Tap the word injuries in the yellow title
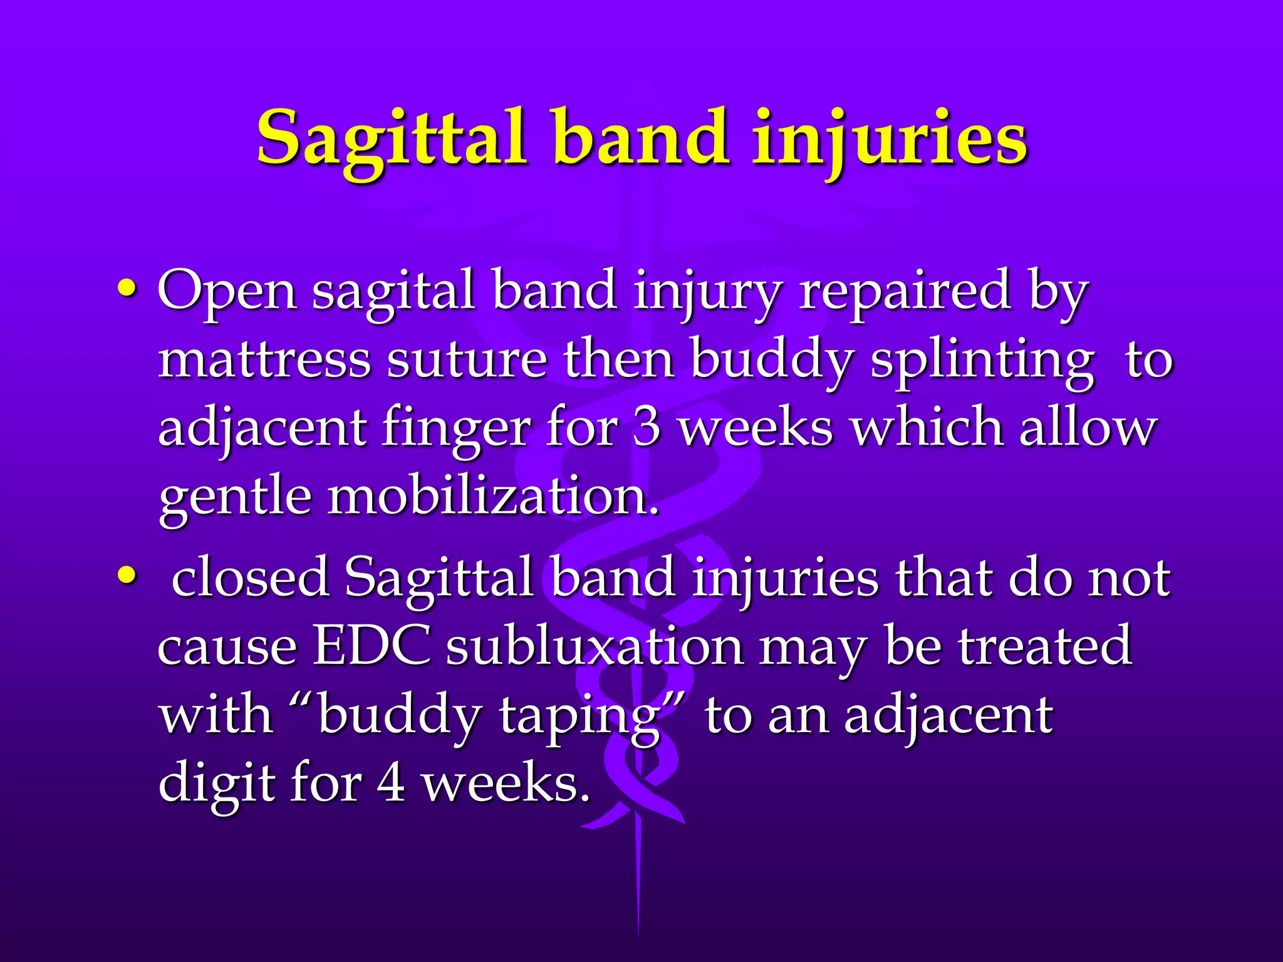pos(890,139)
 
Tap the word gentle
pos(235,498)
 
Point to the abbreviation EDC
pos(371,646)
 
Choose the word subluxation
pos(595,646)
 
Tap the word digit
pos(217,784)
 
